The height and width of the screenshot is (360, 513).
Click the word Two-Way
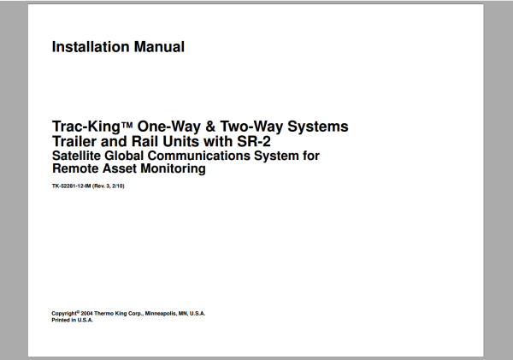[x=251, y=127]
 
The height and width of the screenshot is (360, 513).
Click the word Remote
[x=74, y=169]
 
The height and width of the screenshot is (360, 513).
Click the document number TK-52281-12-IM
[x=71, y=186]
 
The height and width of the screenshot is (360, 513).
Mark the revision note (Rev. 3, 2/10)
[x=109, y=186]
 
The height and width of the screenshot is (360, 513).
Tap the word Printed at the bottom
[x=62, y=320]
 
